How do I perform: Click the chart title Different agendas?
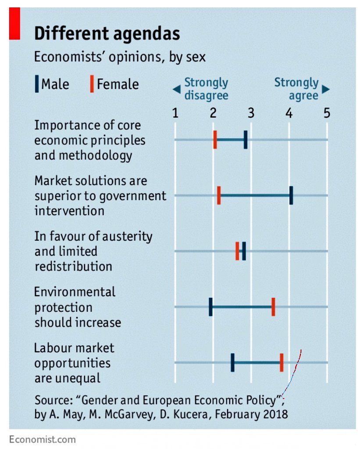(x=107, y=34)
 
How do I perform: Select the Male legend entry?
(x=52, y=84)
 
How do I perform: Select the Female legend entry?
(x=114, y=84)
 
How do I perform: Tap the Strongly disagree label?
(x=206, y=89)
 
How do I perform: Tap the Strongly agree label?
(x=297, y=89)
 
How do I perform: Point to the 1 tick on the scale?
(x=175, y=113)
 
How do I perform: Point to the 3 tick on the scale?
(x=251, y=113)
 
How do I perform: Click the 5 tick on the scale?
(x=327, y=113)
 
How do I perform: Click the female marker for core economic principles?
(x=215, y=139)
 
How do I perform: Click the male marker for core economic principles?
(x=246, y=139)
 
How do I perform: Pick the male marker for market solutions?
(x=291, y=195)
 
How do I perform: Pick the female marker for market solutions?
(x=219, y=195)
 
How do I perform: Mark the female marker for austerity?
(x=237, y=251)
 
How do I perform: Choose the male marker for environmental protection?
(x=210, y=306)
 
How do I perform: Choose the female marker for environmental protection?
(x=273, y=306)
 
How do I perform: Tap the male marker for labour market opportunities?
(x=232, y=362)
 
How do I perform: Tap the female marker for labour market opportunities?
(x=282, y=362)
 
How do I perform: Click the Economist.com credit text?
(x=42, y=439)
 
